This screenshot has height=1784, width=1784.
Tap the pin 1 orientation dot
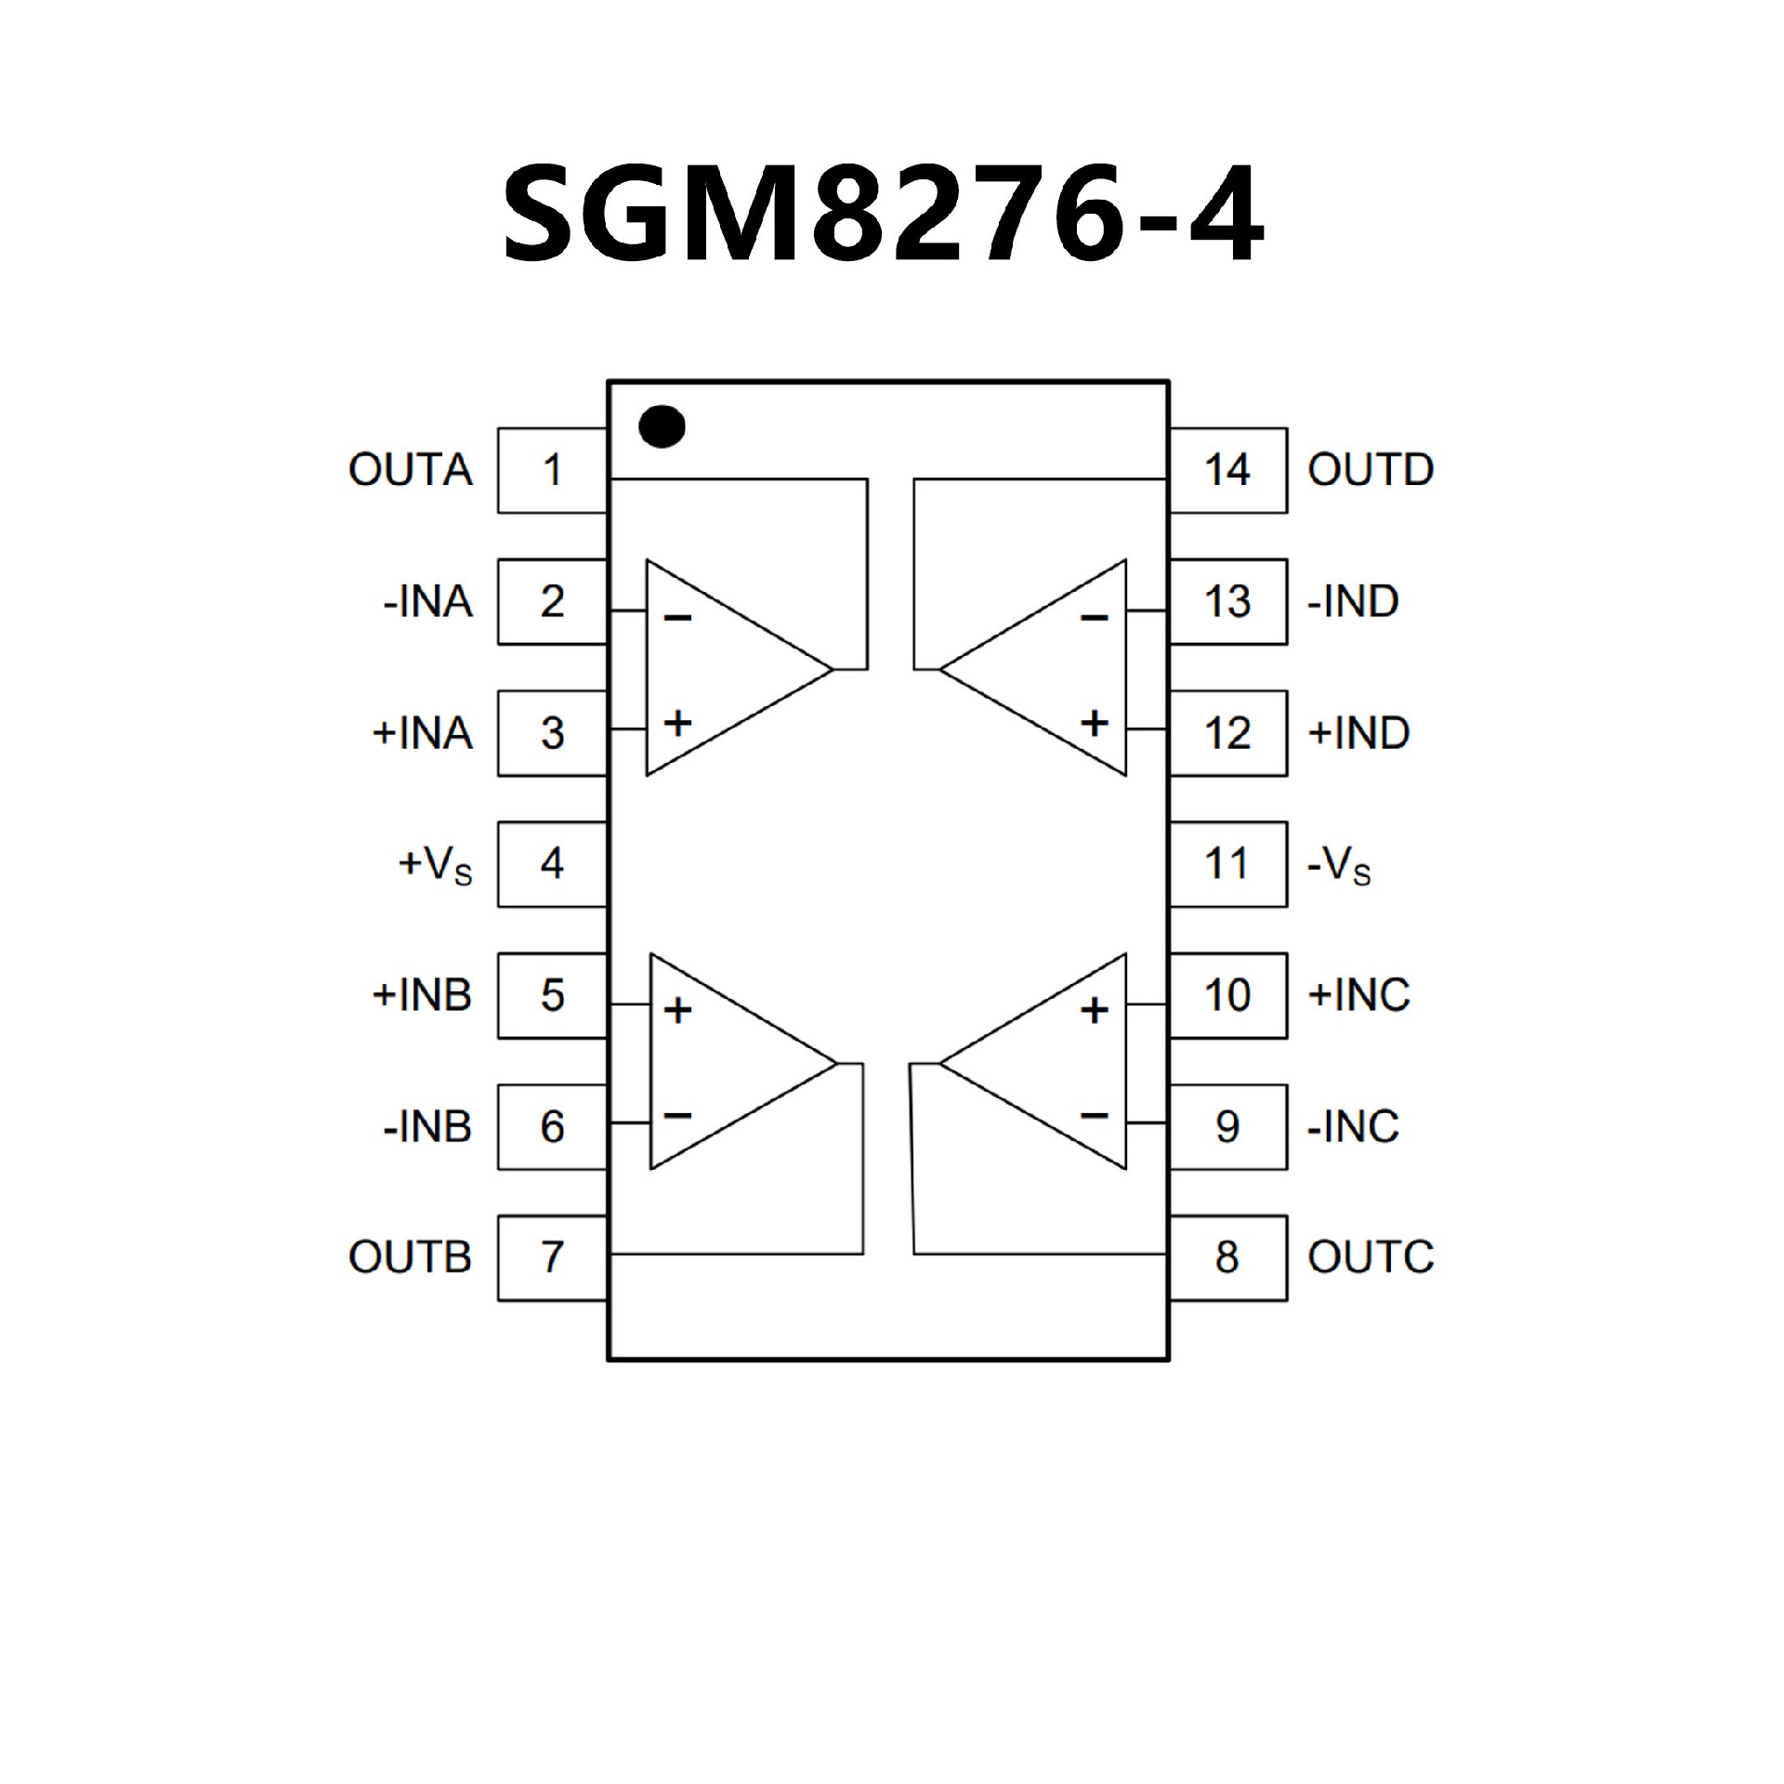click(662, 427)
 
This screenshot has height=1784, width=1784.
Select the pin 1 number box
click(552, 470)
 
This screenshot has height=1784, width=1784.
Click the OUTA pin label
click(411, 470)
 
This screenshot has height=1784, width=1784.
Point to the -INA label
click(427, 602)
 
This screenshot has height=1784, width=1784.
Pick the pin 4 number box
click(552, 864)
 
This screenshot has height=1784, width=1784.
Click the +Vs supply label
click(435, 866)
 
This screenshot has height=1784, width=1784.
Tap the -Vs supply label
click(1339, 866)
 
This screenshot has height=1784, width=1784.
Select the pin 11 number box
click(1227, 864)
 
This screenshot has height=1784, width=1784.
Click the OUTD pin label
click(1371, 470)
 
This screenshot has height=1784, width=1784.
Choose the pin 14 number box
click(1227, 470)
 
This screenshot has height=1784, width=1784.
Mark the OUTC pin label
click(1371, 1257)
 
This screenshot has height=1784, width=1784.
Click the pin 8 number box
click(1227, 1257)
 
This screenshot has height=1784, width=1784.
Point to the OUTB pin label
click(411, 1257)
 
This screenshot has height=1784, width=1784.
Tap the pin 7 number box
click(552, 1257)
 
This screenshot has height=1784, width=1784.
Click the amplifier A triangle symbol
click(725, 668)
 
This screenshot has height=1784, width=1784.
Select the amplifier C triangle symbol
click(1050, 1061)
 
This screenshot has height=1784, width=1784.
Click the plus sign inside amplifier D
click(1095, 723)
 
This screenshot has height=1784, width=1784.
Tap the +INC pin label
click(1358, 996)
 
